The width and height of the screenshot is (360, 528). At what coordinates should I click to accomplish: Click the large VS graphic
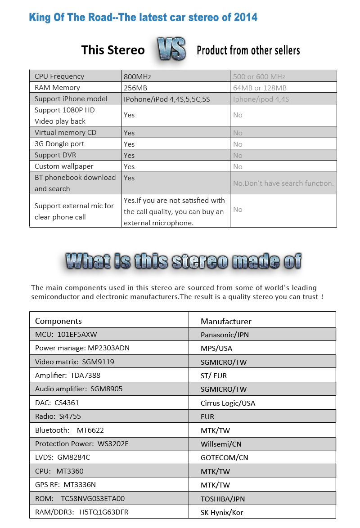pyautogui.click(x=171, y=49)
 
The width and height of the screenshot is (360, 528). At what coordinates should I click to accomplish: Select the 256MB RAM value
pyautogui.click(x=135, y=88)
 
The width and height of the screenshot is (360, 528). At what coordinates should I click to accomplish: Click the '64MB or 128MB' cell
pyautogui.click(x=260, y=88)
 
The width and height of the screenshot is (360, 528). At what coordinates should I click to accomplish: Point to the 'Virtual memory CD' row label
pyautogui.click(x=65, y=133)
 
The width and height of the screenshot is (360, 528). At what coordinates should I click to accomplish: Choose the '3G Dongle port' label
pyautogui.click(x=59, y=144)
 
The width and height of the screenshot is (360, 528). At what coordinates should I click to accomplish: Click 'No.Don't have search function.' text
pyautogui.click(x=283, y=183)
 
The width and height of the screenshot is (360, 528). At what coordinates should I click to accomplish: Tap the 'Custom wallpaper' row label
pyautogui.click(x=64, y=166)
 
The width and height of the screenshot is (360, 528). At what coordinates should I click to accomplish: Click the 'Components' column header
pyautogui.click(x=58, y=321)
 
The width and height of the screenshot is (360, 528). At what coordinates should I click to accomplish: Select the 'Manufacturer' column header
pyautogui.click(x=226, y=321)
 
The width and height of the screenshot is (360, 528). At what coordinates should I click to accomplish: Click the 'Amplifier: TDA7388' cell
pyautogui.click(x=67, y=376)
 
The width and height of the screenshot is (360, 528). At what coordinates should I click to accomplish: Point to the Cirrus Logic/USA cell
pyautogui.click(x=228, y=403)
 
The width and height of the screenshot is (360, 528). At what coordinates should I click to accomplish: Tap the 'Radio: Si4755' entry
pyautogui.click(x=58, y=416)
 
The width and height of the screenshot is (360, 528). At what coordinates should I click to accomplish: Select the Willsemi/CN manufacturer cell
pyautogui.click(x=221, y=444)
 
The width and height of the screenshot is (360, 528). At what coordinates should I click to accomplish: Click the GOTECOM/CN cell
pyautogui.click(x=225, y=457)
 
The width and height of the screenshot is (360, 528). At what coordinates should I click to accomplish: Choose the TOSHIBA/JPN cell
pyautogui.click(x=223, y=498)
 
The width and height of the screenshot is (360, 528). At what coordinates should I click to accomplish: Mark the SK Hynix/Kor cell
pyautogui.click(x=222, y=512)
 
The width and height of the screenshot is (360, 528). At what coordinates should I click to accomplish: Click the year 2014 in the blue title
pyautogui.click(x=246, y=18)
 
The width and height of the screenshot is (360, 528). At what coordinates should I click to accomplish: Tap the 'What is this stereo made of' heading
pyautogui.click(x=183, y=261)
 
